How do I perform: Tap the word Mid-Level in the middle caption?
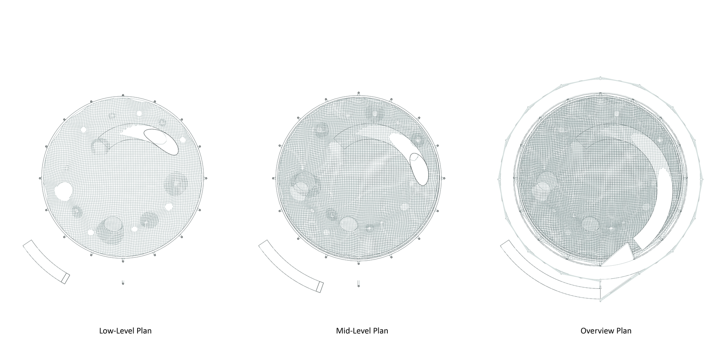(350, 331)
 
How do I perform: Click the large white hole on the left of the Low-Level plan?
(63, 191)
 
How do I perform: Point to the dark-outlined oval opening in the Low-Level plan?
(161, 142)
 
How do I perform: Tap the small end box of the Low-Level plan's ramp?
(65, 278)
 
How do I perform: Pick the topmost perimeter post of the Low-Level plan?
(123, 95)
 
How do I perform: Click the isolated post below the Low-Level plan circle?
(123, 283)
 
